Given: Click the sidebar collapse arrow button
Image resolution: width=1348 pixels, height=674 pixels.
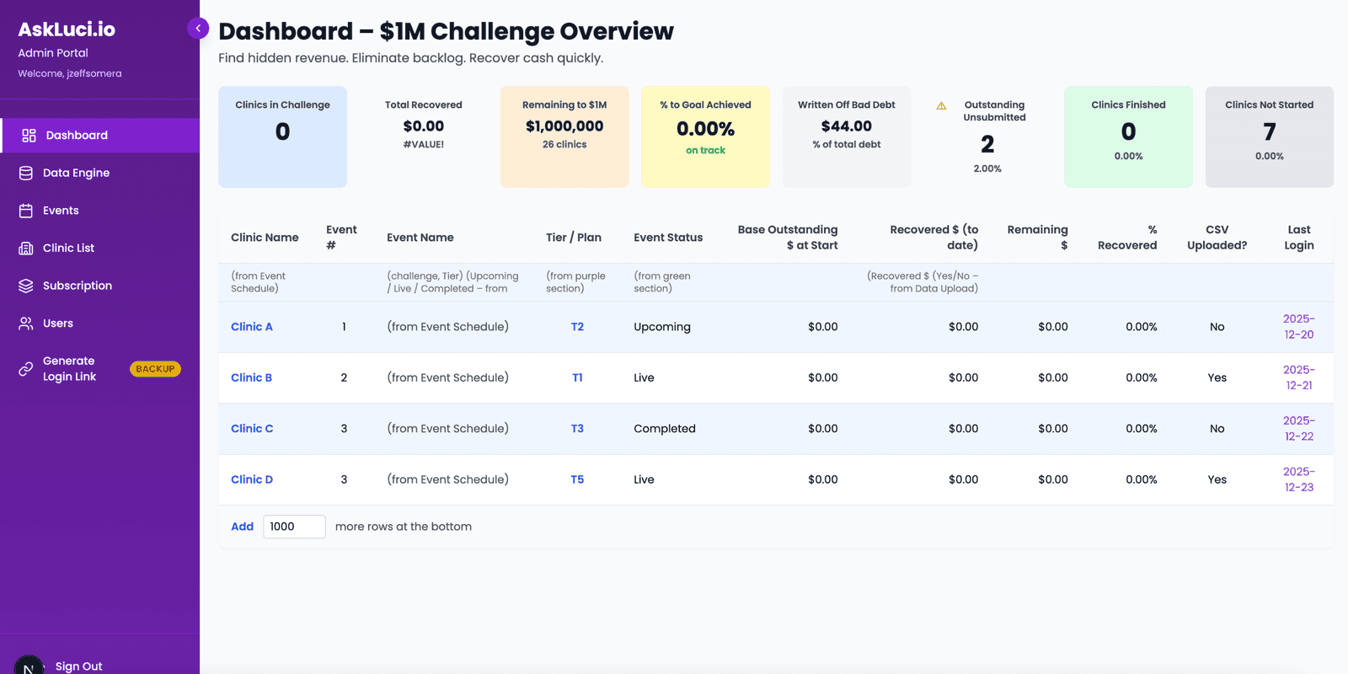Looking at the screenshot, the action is tap(198, 29).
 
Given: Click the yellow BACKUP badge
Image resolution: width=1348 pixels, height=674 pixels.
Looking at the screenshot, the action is tap(155, 369).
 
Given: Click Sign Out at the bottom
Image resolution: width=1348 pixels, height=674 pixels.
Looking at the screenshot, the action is tap(78, 666).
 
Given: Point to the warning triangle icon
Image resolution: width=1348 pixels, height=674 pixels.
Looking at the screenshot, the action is tap(941, 106).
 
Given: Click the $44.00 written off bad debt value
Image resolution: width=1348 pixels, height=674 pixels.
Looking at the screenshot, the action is tap(846, 126).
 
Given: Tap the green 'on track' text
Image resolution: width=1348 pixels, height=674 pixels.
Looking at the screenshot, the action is tap(705, 151).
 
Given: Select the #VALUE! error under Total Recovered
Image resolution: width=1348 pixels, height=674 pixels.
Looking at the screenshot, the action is tap(423, 144).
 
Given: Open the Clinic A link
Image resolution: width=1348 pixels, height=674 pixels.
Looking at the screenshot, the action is tap(252, 327).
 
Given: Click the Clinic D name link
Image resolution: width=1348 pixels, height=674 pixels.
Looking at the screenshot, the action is tap(252, 479).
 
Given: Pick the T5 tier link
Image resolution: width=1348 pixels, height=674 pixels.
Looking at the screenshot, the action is tap(577, 479).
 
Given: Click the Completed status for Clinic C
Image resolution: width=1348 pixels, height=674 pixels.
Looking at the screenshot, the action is tap(665, 429).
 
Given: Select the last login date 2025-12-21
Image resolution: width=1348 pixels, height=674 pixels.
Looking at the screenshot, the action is tap(1298, 377).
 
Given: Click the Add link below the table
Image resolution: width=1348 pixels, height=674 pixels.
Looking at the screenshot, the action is tap(242, 527).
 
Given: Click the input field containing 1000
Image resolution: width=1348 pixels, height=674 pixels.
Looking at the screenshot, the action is tap(294, 527).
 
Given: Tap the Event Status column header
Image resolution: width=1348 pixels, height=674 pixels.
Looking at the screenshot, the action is tap(668, 238).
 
